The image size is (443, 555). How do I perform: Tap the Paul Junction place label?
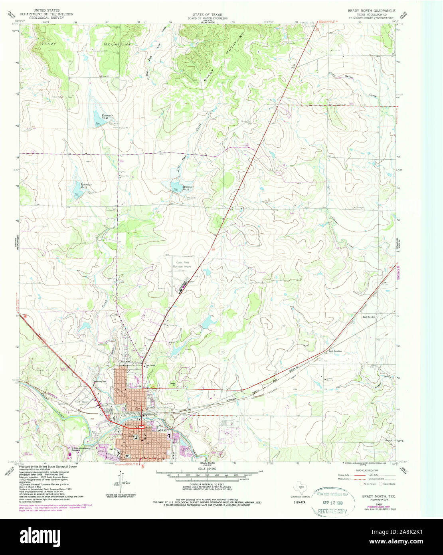click(335, 351)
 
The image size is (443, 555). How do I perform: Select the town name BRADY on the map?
click(164, 431)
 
